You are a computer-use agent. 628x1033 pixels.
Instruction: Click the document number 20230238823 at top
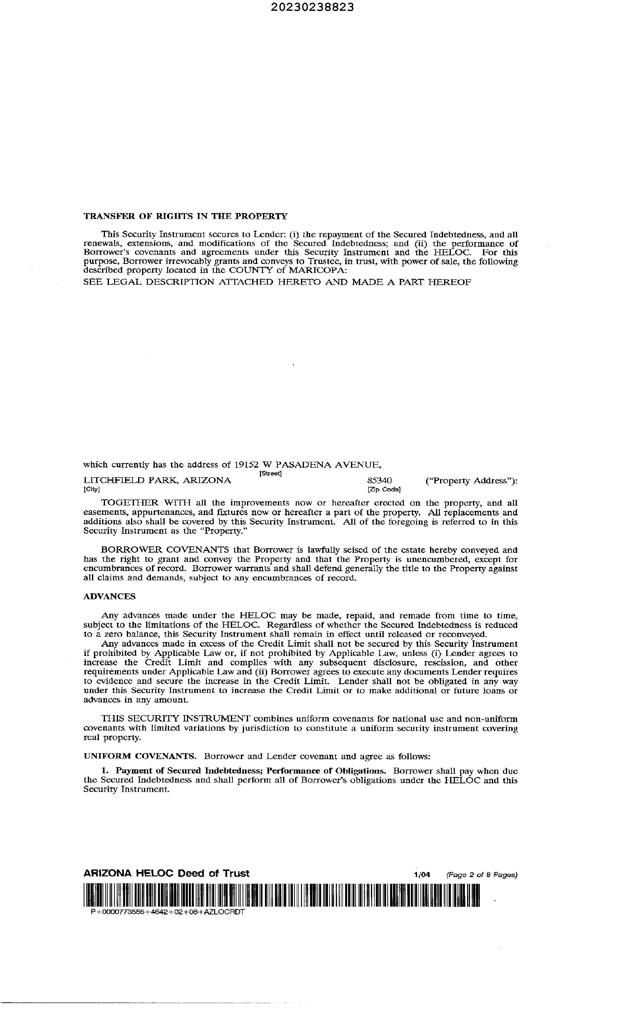coord(312,7)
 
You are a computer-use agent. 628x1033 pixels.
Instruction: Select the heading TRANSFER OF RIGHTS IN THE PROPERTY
coord(185,216)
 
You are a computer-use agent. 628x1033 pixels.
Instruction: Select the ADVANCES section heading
coord(109,597)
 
